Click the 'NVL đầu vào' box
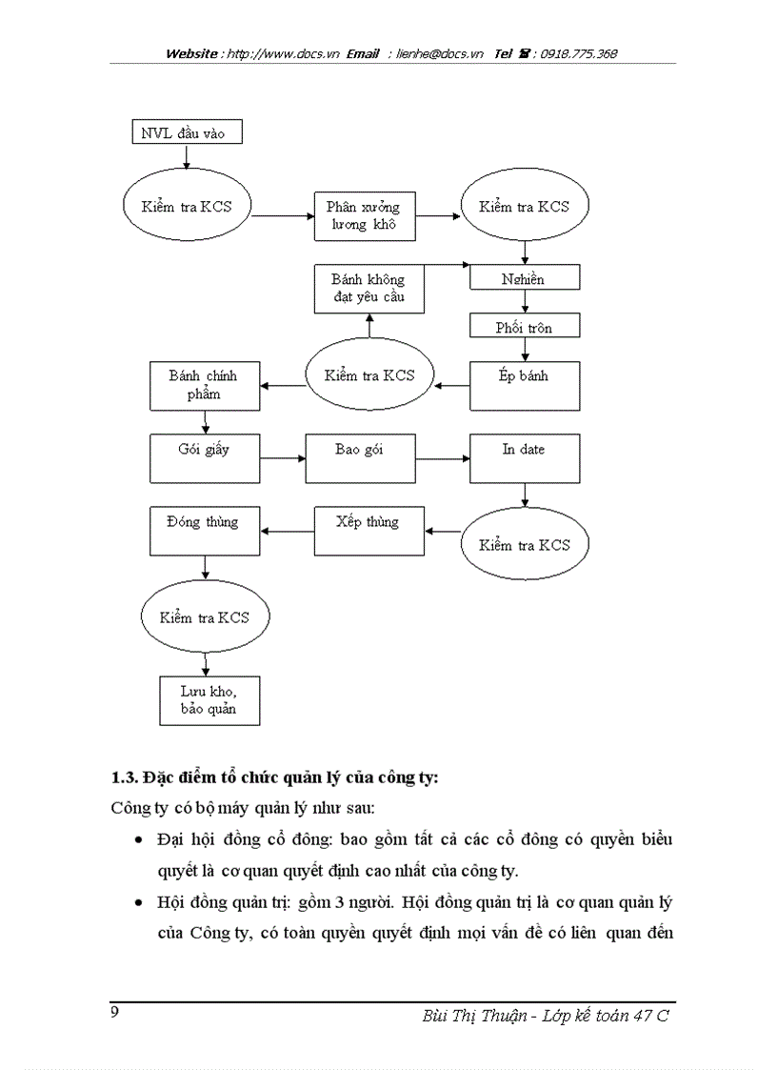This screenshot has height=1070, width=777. tap(186, 131)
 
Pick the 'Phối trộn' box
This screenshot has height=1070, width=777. tap(525, 327)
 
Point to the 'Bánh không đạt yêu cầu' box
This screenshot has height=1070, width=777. tap(369, 289)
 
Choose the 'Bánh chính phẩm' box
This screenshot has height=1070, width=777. tap(204, 385)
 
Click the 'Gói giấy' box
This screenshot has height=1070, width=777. tap(204, 458)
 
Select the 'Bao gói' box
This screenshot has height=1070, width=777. tap(360, 458)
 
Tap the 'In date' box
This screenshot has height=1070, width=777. tap(525, 458)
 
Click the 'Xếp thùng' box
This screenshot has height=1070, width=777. tap(369, 531)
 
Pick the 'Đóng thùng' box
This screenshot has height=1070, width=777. tap(204, 531)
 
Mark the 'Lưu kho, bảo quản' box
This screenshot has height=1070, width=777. tap(208, 700)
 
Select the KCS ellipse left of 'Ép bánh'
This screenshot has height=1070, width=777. tap(369, 374)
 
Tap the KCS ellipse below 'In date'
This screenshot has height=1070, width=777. tap(525, 545)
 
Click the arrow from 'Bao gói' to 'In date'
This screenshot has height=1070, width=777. tap(442, 458)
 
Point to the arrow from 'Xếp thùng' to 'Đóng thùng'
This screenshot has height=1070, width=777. tap(287, 531)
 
